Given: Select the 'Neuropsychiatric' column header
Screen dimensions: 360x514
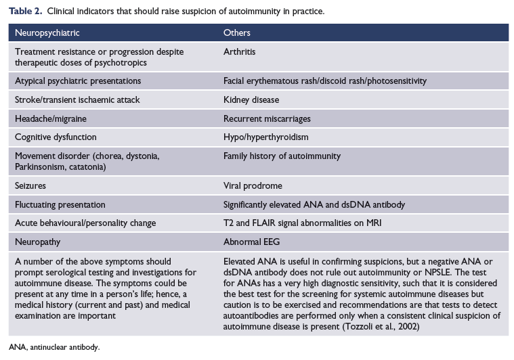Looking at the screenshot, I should pos(45,32).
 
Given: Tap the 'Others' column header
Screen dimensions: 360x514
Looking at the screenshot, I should pos(237,32).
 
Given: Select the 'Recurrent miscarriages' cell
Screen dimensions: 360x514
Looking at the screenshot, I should pos(267,118).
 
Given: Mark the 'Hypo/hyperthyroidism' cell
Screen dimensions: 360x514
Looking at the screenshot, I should pos(265,137).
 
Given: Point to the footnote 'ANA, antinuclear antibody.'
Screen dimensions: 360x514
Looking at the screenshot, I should pos(54,347).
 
